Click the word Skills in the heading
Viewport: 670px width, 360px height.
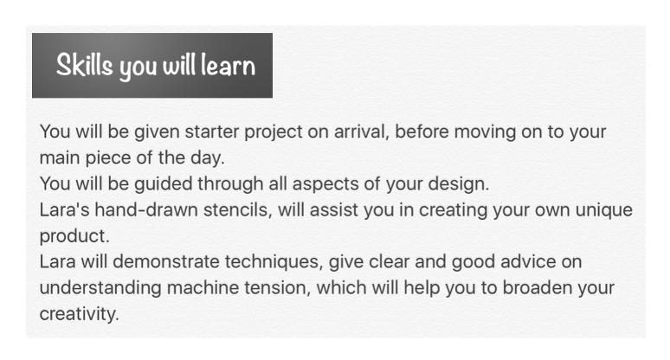click(85, 66)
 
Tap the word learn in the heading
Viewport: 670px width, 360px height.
click(229, 66)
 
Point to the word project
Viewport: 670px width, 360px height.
click(274, 132)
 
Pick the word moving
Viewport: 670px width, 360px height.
click(485, 132)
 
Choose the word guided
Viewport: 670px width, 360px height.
click(164, 184)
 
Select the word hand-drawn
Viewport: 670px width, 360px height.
click(146, 209)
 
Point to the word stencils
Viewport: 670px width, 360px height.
click(237, 210)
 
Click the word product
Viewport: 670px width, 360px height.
click(74, 236)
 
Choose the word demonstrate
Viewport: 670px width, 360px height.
click(166, 262)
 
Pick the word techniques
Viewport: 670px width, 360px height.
click(274, 262)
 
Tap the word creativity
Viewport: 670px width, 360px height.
click(79, 315)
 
